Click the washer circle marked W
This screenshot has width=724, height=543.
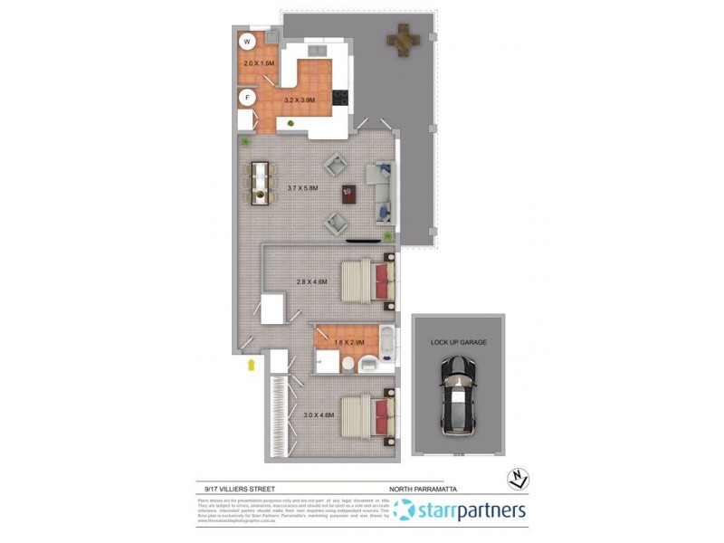tap(247, 42)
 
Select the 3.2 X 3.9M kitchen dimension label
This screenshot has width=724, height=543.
tap(300, 100)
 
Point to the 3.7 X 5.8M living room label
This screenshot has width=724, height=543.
tap(301, 188)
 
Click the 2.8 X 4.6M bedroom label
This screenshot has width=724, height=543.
tap(310, 281)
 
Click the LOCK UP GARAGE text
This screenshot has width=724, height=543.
tap(459, 343)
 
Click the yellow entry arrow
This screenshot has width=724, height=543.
tap(251, 364)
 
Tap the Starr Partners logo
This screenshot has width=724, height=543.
tap(461, 510)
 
